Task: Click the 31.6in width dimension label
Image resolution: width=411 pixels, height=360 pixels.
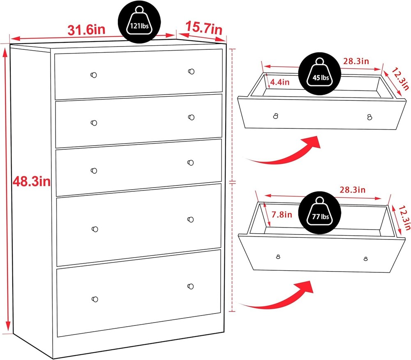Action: coord(86,30)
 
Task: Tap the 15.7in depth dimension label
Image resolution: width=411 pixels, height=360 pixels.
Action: coord(204,28)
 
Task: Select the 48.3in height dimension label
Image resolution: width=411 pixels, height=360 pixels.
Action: coord(32,181)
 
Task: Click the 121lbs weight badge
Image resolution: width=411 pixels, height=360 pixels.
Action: coord(139,22)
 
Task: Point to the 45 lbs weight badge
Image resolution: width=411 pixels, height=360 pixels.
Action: coord(320,74)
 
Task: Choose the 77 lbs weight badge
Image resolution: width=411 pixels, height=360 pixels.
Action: coord(320,213)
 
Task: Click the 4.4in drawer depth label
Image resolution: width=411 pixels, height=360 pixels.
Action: coord(279,82)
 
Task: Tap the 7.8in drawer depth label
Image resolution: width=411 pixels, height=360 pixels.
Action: coord(282,215)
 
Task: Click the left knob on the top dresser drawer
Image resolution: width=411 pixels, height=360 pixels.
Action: coord(94,75)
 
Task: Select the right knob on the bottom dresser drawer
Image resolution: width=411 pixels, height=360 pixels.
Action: coord(191,286)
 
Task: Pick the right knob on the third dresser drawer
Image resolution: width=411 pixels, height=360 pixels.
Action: coord(191,163)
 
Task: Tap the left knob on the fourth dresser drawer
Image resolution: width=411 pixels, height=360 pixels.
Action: coord(95,229)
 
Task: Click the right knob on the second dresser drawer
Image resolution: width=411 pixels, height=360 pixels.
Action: coord(192,117)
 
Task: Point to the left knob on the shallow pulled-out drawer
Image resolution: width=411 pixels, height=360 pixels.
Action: coord(275,116)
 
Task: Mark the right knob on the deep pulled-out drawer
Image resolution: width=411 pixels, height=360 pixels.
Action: coord(366,259)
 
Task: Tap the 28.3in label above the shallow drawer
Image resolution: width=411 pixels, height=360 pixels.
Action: coord(356,61)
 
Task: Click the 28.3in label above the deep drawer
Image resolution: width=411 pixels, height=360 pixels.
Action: coord(353,189)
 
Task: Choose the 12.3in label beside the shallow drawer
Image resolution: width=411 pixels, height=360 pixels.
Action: coord(400,79)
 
